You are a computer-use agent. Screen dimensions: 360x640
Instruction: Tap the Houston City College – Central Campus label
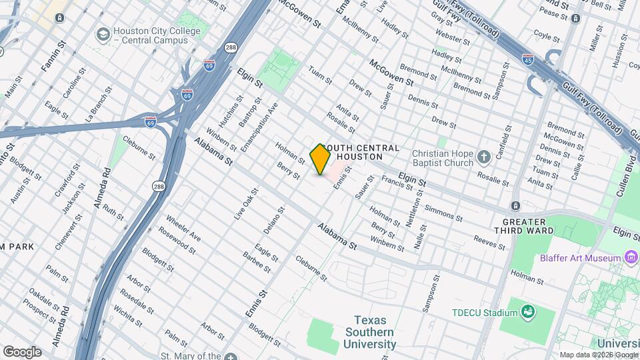(157, 36)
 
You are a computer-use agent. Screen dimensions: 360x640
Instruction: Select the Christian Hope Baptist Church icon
(484, 158)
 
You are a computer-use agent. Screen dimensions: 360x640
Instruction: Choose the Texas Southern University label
(369, 332)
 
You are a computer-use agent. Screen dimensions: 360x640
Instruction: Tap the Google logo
(22, 352)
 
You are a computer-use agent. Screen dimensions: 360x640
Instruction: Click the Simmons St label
(443, 213)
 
